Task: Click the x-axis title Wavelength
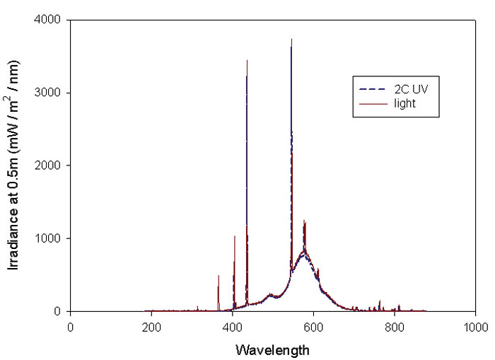[x=273, y=349]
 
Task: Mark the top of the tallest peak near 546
[x=291, y=39]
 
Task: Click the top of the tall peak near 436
[x=247, y=60]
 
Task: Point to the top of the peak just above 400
[x=235, y=236]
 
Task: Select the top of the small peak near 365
[x=219, y=275]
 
